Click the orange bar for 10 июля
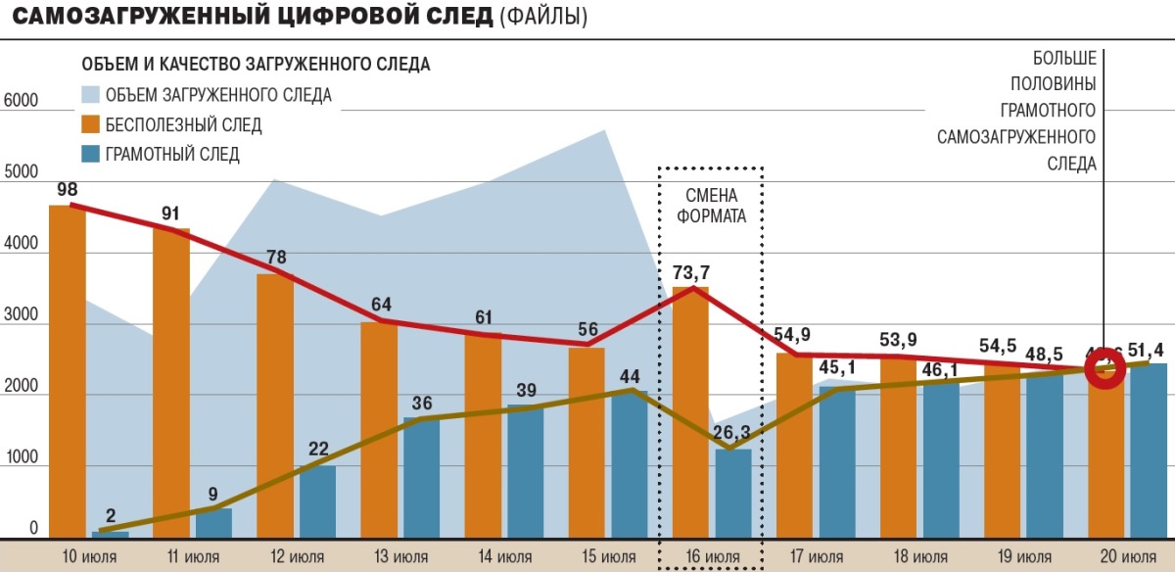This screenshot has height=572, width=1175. [67, 372]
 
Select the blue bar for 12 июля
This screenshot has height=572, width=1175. [317, 501]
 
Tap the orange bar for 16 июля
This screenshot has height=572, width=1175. [690, 411]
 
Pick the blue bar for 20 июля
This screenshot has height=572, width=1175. [1149, 451]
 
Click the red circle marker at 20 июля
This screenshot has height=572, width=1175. [1105, 370]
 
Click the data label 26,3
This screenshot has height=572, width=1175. [731, 433]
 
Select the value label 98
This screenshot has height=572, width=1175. [67, 189]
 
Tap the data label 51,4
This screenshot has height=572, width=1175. [1148, 350]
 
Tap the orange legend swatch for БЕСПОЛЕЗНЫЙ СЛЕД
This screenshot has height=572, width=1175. [90, 124]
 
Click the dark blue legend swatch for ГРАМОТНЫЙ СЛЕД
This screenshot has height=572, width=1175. [90, 154]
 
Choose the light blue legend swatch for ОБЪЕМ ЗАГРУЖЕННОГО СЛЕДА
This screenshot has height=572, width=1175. [90, 95]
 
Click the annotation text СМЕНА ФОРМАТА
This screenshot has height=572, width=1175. [711, 206]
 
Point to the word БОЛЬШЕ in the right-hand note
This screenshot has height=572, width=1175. [1063, 57]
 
